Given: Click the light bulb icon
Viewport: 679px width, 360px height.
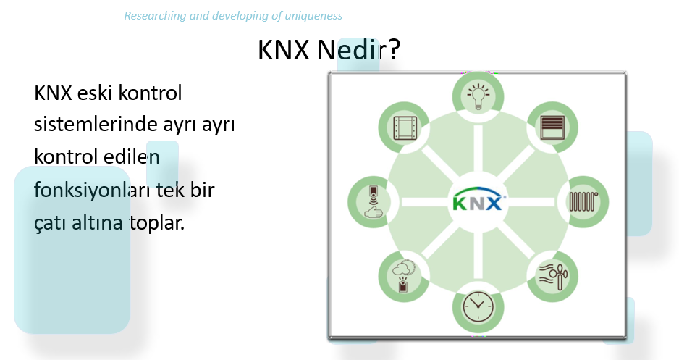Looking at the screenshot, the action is click(478, 96).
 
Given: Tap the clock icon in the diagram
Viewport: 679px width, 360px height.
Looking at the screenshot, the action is click(478, 306).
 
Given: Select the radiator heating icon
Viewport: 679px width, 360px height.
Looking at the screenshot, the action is click(583, 201).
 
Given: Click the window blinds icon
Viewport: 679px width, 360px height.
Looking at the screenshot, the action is click(552, 127).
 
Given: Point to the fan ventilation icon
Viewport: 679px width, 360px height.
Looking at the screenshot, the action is click(552, 276).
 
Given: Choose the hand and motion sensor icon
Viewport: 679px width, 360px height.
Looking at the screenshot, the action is click(374, 201).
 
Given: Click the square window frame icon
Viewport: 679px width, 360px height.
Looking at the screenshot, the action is click(405, 127).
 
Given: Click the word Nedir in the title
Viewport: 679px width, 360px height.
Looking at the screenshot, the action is click(350, 49).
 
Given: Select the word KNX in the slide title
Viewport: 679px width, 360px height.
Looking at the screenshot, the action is click(284, 49).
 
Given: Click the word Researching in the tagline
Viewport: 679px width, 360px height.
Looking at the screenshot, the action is click(155, 16).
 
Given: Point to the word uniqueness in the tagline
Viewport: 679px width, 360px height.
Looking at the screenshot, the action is click(313, 16).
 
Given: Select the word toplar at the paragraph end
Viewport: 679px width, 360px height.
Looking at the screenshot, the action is click(157, 223).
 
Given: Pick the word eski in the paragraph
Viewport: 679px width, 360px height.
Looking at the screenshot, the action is click(95, 93).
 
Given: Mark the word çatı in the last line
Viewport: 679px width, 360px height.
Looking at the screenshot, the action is click(50, 223).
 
